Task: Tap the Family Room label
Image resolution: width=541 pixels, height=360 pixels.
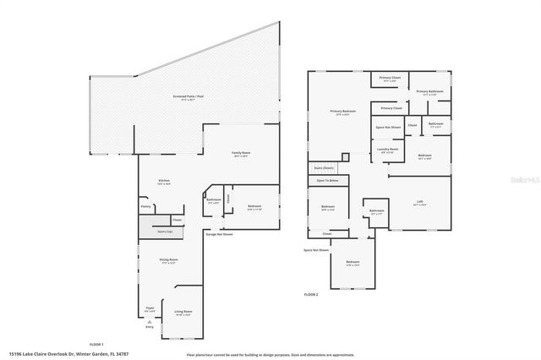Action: point(242,154)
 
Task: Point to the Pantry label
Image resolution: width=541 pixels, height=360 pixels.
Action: point(145,205)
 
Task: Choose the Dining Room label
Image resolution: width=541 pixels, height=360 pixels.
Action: point(169,260)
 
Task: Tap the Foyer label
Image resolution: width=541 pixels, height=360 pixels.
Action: point(149,311)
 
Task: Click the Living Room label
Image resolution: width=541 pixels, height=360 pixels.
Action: point(183,313)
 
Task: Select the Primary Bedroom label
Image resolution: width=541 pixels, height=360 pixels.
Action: point(342,112)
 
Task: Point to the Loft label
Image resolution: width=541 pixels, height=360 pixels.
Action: point(419,202)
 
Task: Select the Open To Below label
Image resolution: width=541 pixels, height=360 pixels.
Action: point(327,181)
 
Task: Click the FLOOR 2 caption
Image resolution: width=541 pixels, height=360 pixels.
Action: point(310,294)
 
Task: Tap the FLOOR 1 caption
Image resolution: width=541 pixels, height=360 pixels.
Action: point(96,344)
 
